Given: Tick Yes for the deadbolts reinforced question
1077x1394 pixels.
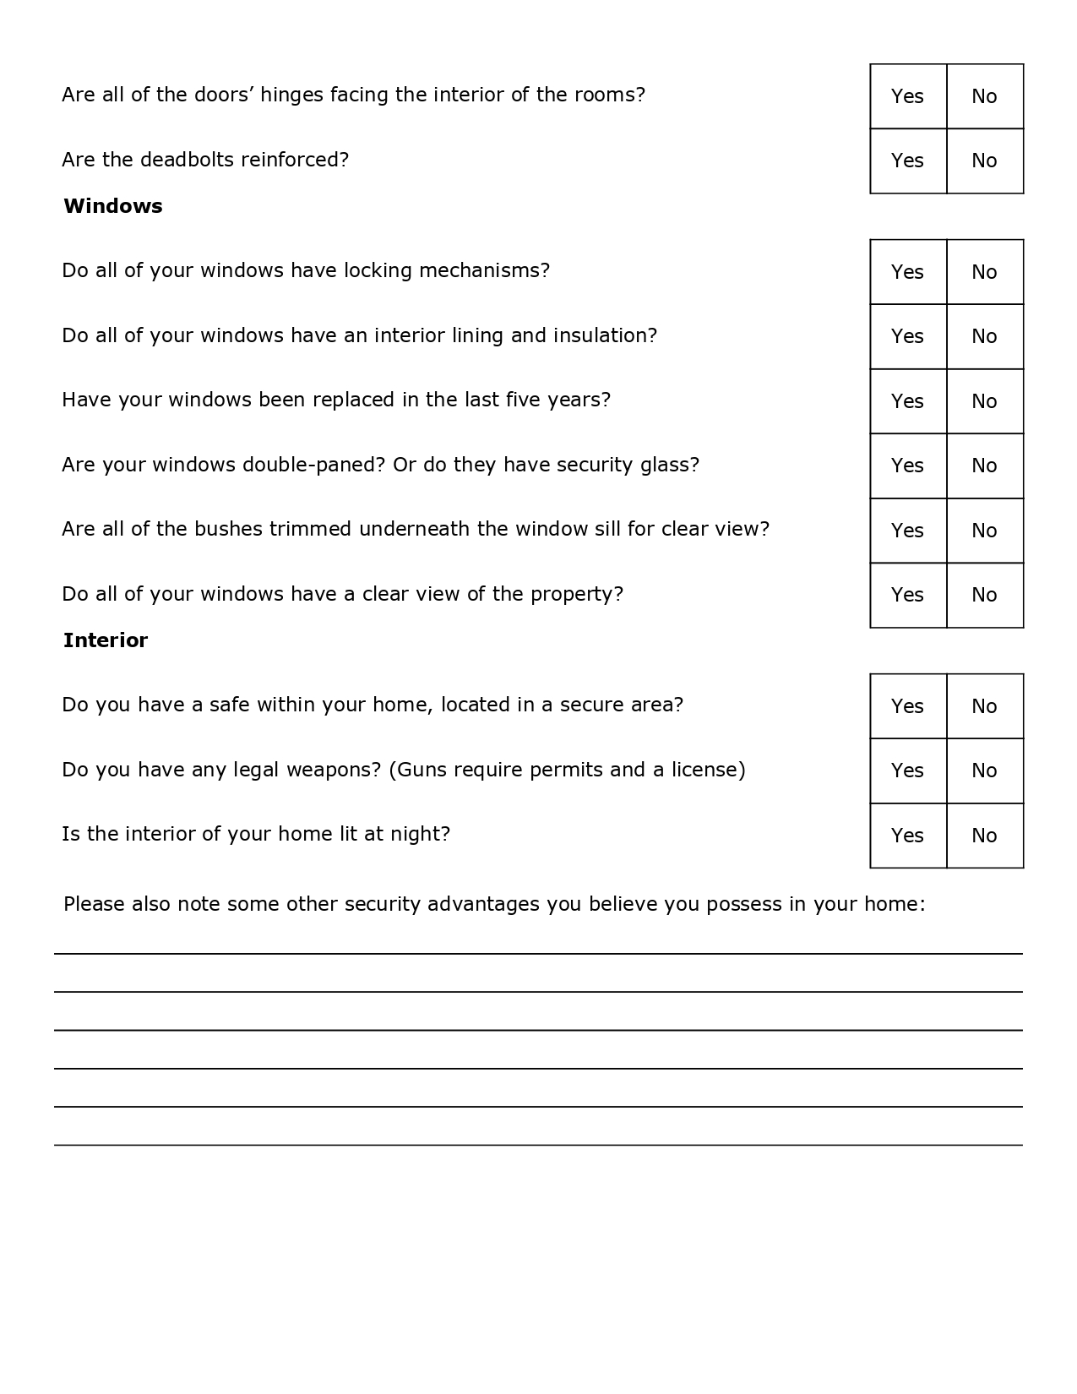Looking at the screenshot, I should pyautogui.click(x=908, y=161).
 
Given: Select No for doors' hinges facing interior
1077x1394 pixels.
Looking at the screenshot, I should pyautogui.click(x=984, y=96).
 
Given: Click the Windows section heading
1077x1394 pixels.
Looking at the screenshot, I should pyautogui.click(x=113, y=206).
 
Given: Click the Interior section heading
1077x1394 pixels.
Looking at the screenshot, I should pyautogui.click(x=106, y=640).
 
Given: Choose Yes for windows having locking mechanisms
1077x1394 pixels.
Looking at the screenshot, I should pyautogui.click(x=908, y=272).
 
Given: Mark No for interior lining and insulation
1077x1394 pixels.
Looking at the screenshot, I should pyautogui.click(x=984, y=336).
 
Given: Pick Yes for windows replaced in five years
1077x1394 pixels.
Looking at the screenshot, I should pyautogui.click(x=908, y=401).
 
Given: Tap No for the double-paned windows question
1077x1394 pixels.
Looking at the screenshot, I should pyautogui.click(x=984, y=466).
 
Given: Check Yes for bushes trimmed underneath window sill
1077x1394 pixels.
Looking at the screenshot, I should pyautogui.click(x=908, y=531).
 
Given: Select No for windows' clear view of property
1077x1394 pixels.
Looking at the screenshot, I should pyautogui.click(x=984, y=595).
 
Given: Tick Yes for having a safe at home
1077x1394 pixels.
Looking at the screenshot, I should pyautogui.click(x=908, y=706).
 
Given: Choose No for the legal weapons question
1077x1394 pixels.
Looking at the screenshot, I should pyautogui.click(x=984, y=771).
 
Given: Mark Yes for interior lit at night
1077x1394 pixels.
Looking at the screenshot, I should pyautogui.click(x=908, y=836).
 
